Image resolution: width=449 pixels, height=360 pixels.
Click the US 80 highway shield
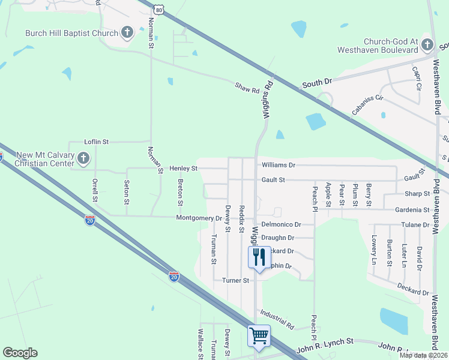click(158, 10)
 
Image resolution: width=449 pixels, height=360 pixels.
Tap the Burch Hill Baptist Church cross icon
click(127, 32)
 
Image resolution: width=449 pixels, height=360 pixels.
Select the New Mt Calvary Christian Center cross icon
click(83, 158)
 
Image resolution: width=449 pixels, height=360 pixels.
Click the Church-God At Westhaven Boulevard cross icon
click(427, 44)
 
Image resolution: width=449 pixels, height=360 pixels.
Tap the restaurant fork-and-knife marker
click(259, 257)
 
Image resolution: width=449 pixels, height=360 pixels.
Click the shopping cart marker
click(259, 336)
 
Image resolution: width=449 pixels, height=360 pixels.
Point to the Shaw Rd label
click(247, 89)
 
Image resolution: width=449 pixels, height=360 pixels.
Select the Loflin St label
click(96, 142)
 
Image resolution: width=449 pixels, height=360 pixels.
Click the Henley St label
click(183, 169)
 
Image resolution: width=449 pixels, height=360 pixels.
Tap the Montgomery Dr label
click(199, 218)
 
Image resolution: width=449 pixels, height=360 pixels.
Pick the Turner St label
click(235, 280)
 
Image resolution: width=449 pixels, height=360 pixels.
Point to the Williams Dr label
click(279, 164)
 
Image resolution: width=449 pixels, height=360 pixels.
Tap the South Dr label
click(316, 83)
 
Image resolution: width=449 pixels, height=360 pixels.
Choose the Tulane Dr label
click(417, 225)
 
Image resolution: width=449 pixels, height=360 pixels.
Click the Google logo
click(20, 353)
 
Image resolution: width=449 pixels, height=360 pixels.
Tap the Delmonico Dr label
click(281, 224)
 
